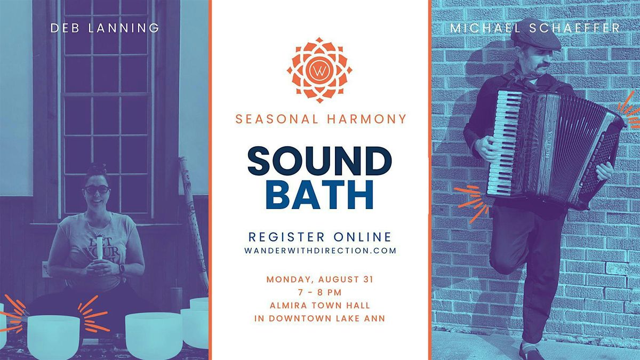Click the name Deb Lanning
105,28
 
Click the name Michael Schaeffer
535,28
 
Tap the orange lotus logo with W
319,70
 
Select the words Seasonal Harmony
321,119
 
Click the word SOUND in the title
319,161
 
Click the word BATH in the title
319,195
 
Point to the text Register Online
319,237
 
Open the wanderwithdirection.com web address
321,251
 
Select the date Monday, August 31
319,279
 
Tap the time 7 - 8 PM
319,292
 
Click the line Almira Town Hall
319,306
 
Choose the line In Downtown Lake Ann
319,318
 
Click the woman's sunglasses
97,189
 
